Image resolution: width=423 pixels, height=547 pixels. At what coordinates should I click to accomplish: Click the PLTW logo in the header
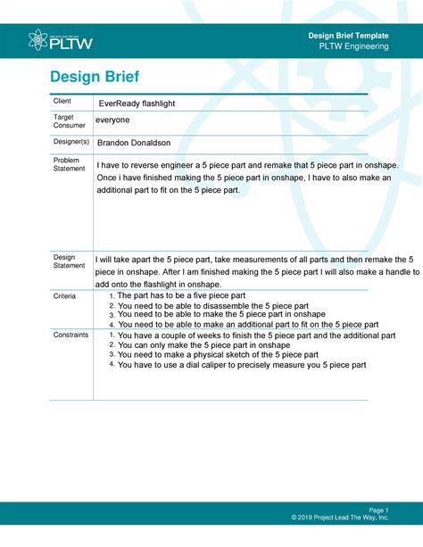tap(61, 40)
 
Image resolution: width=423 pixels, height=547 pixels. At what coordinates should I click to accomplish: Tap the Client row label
tap(62, 102)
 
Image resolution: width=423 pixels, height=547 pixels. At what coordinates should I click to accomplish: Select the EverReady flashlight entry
tap(137, 104)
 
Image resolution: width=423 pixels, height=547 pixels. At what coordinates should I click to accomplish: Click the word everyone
tap(112, 120)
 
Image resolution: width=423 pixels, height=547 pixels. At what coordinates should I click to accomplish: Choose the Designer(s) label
tap(71, 141)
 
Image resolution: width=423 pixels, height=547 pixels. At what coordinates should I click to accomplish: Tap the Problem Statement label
tap(70, 164)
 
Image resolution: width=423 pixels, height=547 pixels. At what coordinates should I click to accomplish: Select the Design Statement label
tap(70, 261)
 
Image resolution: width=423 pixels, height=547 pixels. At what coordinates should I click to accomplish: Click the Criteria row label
tap(65, 294)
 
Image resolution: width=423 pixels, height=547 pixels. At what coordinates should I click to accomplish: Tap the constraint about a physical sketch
tap(219, 355)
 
